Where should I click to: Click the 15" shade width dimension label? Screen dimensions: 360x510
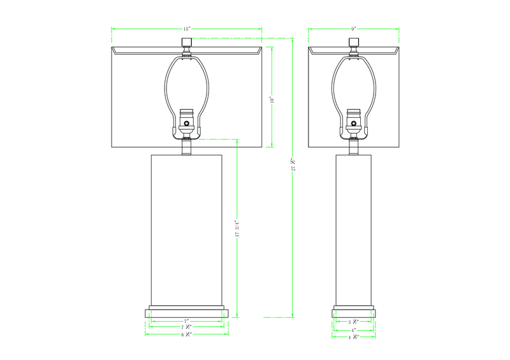click(x=187, y=29)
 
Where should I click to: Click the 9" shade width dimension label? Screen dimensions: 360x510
click(x=353, y=29)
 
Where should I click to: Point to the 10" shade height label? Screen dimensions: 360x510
click(x=272, y=99)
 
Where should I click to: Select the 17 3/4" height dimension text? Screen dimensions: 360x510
click(x=237, y=229)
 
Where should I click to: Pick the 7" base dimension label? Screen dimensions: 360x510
click(x=186, y=321)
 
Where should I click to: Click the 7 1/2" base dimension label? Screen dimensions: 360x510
click(x=186, y=328)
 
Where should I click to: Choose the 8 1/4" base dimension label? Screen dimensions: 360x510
click(x=186, y=335)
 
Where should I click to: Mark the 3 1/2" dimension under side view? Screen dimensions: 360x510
click(x=353, y=322)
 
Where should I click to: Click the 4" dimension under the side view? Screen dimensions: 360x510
click(x=353, y=330)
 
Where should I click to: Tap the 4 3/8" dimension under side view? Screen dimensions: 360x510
click(x=353, y=336)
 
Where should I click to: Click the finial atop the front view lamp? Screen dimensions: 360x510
click(x=187, y=43)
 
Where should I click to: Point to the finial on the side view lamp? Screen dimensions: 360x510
click(x=353, y=43)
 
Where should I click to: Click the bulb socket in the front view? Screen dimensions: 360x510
click(x=187, y=119)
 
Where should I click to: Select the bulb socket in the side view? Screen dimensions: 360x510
click(x=353, y=119)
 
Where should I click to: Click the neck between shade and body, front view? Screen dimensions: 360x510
click(x=187, y=148)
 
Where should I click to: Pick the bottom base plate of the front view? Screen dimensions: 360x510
click(x=187, y=313)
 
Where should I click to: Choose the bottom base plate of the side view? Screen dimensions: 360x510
click(x=354, y=313)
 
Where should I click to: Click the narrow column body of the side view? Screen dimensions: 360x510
click(x=354, y=229)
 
